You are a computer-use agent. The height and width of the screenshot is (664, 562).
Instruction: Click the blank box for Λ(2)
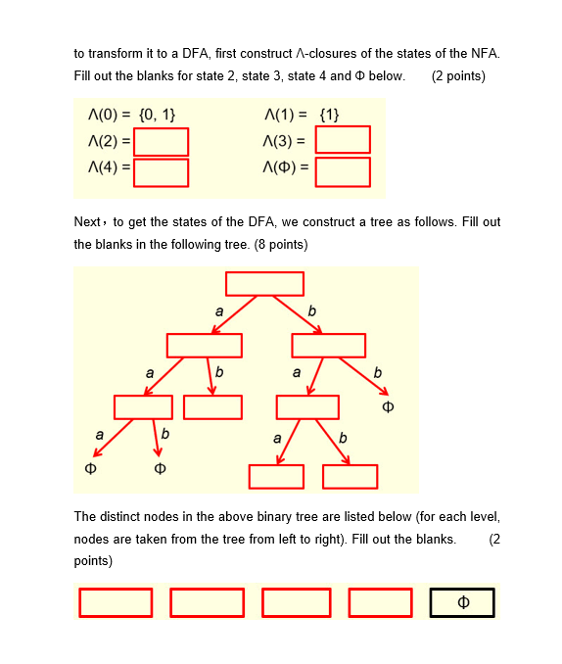(161, 143)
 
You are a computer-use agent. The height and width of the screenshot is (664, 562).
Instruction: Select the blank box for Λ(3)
(343, 140)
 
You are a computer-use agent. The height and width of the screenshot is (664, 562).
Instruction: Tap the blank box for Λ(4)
(161, 172)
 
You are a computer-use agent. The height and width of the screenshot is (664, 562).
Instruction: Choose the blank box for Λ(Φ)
(343, 172)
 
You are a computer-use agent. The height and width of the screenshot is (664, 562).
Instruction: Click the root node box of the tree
(264, 283)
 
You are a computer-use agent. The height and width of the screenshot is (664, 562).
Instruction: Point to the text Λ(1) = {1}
(302, 116)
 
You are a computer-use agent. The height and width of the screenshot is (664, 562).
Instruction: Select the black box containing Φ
(462, 602)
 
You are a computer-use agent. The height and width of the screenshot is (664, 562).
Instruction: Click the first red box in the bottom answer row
(116, 602)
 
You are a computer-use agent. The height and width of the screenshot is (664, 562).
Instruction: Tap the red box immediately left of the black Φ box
(381, 602)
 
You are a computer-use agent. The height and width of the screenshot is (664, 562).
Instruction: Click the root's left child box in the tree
(204, 345)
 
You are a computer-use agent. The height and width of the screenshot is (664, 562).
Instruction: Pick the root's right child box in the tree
(328, 345)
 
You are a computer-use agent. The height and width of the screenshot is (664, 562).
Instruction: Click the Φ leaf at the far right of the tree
(388, 405)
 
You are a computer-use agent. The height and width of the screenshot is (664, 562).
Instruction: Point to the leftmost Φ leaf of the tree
(91, 468)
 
